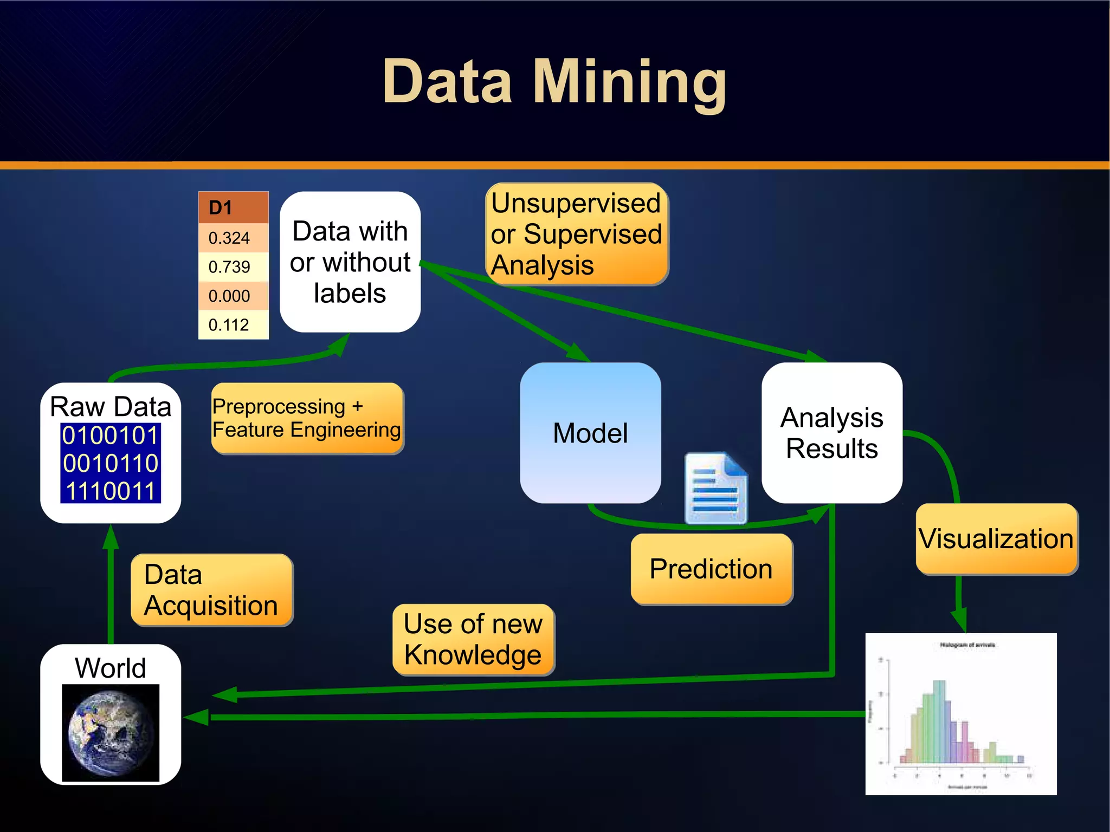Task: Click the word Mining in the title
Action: coord(630,82)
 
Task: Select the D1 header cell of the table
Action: coord(233,207)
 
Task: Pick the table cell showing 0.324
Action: coord(233,238)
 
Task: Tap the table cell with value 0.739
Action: coord(233,266)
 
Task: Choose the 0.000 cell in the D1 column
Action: coord(233,296)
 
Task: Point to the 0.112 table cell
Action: coord(233,324)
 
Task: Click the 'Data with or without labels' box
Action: coord(350,262)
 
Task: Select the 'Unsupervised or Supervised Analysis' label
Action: coord(577,234)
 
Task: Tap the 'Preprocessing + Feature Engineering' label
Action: coord(307,418)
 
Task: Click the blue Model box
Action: coord(590,433)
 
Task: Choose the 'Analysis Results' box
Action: coord(831,433)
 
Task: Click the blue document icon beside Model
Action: coord(716,489)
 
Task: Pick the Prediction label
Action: coord(712,569)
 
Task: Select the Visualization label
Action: coord(996,539)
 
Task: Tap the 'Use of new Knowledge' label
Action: coord(473,640)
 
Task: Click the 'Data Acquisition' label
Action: coord(211,590)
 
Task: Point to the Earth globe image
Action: coord(111,733)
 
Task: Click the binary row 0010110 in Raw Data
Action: coord(111,463)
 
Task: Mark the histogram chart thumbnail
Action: coord(960,713)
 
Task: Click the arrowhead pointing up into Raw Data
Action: coord(111,536)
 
